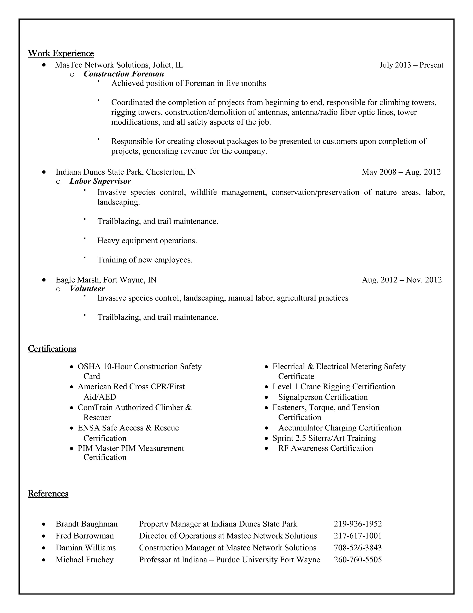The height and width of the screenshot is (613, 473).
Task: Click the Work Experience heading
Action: pos(61,53)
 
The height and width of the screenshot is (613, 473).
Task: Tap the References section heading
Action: pos(48,494)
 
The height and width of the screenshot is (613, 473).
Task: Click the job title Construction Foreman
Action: pos(124,74)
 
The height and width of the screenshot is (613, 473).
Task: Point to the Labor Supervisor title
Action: pos(100,181)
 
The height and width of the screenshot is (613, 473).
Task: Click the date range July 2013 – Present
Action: pos(411,65)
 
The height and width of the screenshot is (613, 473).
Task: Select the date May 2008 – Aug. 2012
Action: pos(401,172)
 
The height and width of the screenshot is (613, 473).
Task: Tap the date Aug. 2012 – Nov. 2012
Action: pos(402,280)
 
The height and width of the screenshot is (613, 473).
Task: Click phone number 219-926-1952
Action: pos(358,524)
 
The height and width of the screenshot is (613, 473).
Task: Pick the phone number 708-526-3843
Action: pos(358,548)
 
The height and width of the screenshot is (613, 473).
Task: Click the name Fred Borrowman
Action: pos(85,536)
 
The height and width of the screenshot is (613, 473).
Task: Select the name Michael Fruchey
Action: pos(84,560)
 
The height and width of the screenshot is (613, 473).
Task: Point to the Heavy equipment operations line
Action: pos(147,241)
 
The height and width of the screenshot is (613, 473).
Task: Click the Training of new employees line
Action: pos(145,260)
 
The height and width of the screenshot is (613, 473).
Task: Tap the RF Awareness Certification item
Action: pos(325,448)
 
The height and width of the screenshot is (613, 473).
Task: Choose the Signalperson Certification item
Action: pos(323,397)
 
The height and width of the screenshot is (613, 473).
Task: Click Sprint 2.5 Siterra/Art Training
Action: pos(324,438)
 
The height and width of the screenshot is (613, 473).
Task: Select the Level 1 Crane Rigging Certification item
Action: pos(334,387)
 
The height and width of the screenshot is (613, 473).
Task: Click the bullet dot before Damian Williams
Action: pos(43,548)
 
